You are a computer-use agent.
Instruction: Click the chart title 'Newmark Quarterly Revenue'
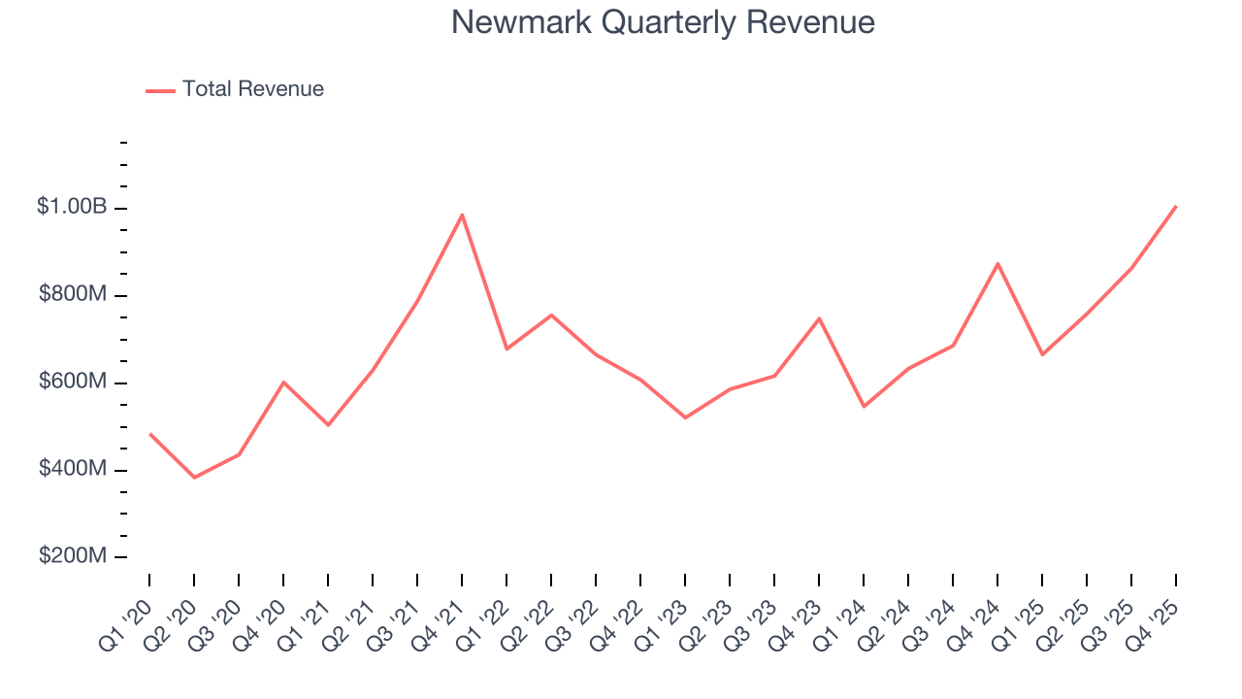tap(663, 22)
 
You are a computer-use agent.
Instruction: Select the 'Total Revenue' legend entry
tap(252, 89)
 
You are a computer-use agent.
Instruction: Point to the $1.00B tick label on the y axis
tap(73, 207)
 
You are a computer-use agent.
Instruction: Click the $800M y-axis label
tap(73, 294)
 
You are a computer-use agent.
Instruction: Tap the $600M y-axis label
tap(73, 382)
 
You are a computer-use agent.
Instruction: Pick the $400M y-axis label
tap(73, 469)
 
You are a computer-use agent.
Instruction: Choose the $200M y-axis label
tap(73, 556)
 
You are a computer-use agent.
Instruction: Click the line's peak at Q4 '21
tap(462, 215)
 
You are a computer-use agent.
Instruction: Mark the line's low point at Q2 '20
tap(194, 478)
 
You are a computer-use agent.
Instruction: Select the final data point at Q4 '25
tap(1176, 206)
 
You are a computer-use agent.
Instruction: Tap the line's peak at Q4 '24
tap(997, 263)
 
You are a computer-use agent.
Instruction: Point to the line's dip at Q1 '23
tap(685, 417)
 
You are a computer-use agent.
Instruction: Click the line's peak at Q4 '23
tap(819, 318)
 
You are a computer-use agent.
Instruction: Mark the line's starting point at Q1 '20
tap(149, 434)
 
